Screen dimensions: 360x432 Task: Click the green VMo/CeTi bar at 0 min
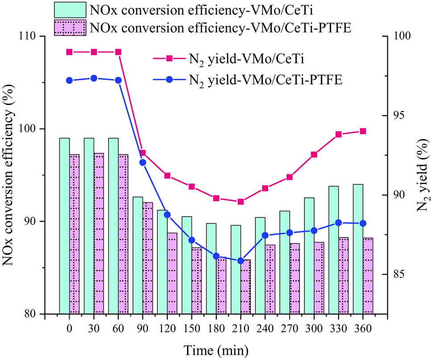[65, 226]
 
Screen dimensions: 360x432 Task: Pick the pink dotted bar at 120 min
[172, 273]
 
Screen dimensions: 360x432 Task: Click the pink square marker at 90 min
[143, 153]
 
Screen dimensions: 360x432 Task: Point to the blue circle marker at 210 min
[241, 261]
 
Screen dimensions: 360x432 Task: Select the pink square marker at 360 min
[363, 131]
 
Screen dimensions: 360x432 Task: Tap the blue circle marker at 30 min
[94, 78]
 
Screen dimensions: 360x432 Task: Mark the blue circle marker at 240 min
[265, 235]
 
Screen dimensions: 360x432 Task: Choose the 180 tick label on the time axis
[216, 328]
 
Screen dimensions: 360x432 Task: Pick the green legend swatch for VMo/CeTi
[70, 10]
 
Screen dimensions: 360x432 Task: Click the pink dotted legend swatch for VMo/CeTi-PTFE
[70, 27]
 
